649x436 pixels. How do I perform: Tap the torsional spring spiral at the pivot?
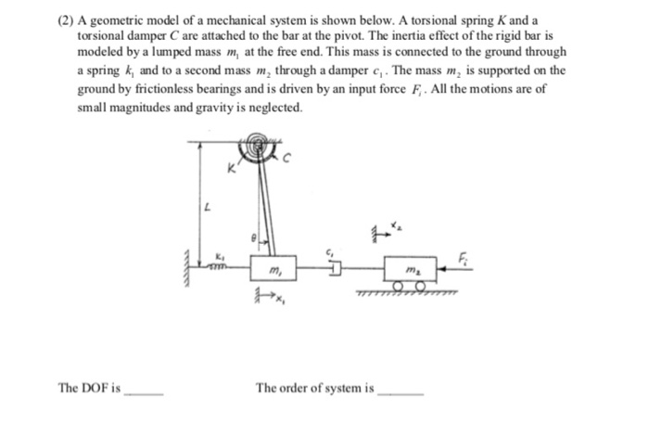coord(255,148)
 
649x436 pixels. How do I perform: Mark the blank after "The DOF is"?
coord(144,393)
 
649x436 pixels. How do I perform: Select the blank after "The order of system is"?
coord(400,393)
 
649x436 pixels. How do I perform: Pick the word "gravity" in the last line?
coord(220,107)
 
